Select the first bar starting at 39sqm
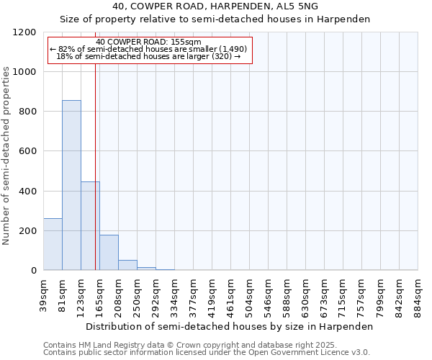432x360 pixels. click(53, 244)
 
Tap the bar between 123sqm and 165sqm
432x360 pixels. click(90, 226)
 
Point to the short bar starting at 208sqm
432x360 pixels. click(127, 265)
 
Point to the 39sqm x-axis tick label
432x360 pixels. click(44, 294)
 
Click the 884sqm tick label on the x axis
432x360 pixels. click(418, 294)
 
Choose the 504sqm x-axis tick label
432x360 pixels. click(250, 294)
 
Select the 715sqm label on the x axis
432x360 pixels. click(343, 294)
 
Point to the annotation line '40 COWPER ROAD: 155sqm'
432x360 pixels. click(148, 42)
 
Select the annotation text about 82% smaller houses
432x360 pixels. click(148, 49)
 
